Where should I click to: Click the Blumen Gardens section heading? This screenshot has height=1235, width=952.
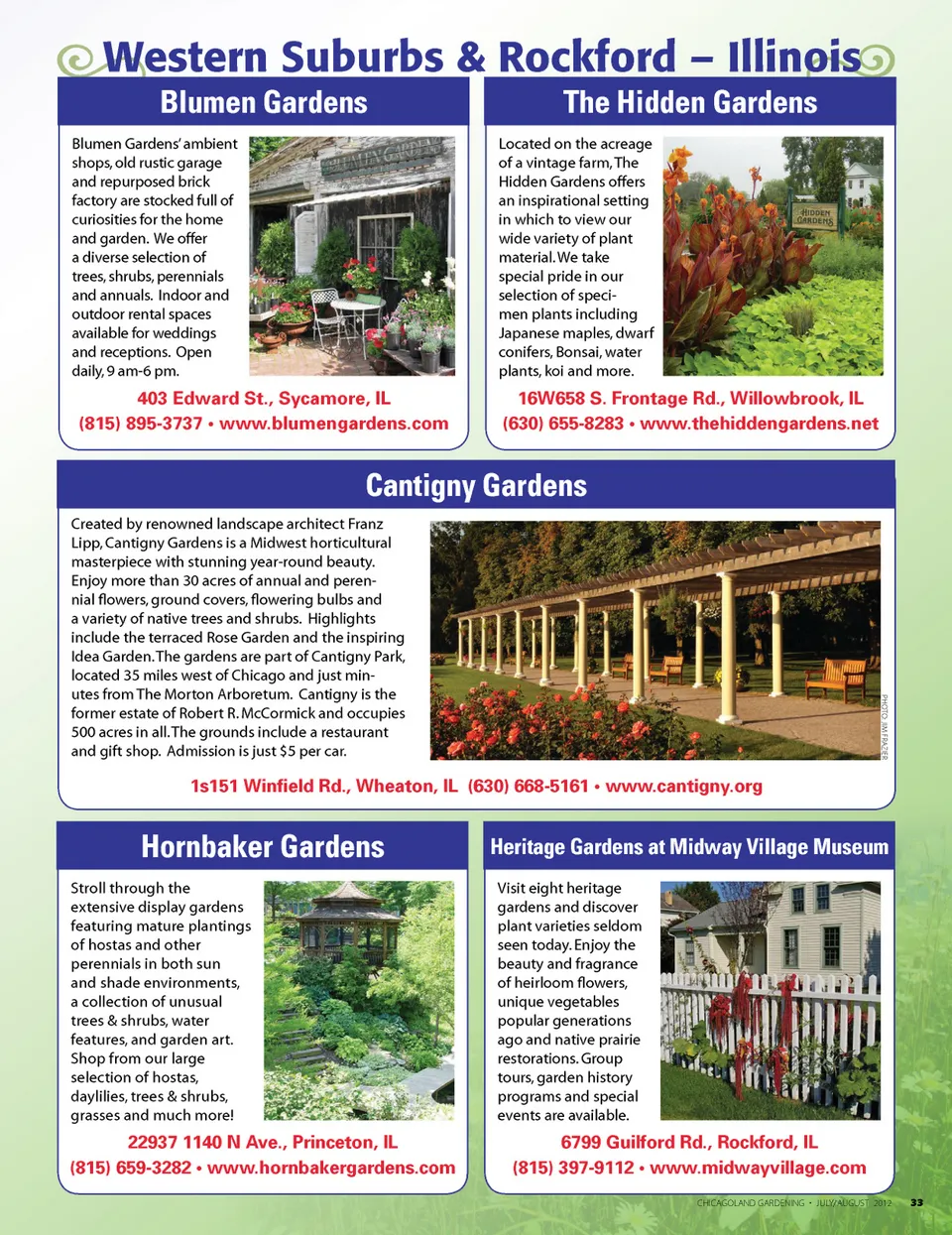[264, 102]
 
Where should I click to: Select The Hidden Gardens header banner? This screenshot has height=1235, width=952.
[690, 102]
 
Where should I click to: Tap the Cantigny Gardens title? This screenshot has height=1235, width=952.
[476, 485]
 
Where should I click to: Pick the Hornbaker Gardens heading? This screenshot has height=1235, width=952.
[263, 846]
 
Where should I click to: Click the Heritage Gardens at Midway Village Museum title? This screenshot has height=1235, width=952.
[689, 846]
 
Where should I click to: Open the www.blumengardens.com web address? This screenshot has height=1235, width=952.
[334, 424]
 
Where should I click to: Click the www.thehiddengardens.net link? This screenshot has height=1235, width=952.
[760, 424]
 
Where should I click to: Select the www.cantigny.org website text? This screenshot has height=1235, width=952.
[684, 787]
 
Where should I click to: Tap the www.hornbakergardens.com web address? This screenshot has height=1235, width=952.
[331, 1168]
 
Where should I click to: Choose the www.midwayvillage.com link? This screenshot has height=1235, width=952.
[758, 1168]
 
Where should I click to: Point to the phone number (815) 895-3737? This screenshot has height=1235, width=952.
[141, 424]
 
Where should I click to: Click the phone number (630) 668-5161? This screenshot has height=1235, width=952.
[529, 787]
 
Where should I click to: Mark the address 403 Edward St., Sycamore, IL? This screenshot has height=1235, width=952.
[264, 399]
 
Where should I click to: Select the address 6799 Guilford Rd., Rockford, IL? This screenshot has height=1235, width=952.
[689, 1143]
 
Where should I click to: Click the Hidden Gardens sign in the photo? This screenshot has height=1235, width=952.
[815, 217]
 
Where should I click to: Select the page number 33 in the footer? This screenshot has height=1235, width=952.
[916, 1202]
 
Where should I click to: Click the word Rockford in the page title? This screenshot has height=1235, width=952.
[587, 58]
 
